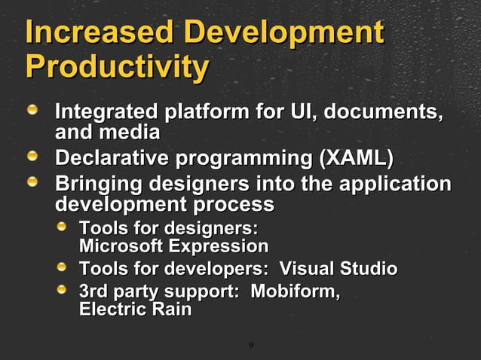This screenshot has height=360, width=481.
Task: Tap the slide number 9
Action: pos(250,346)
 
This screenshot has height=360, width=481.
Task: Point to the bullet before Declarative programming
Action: pos(34,158)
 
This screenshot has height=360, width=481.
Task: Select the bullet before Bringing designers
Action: pos(34,183)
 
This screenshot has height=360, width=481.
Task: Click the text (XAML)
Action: pos(356,160)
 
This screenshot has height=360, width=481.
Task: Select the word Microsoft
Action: pos(121,246)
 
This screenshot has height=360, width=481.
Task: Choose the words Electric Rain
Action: pos(135,310)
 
